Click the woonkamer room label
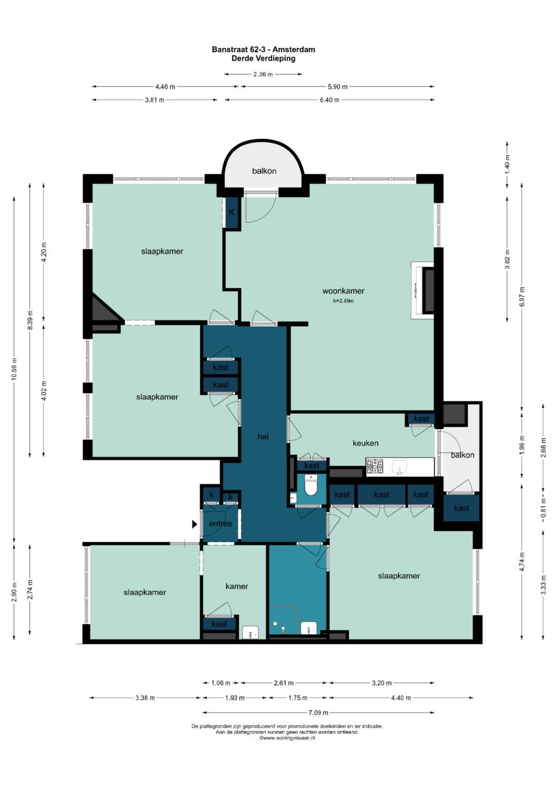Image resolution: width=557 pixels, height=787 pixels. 343,291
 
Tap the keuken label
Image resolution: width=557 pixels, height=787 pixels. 366,443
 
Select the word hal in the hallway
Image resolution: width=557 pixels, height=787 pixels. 263,437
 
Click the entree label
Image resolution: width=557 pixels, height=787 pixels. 221,524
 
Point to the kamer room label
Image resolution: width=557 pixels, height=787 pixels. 237,586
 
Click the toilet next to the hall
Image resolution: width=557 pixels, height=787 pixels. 311,485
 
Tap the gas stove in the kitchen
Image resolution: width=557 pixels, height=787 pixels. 375,467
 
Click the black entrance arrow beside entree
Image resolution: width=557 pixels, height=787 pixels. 194,525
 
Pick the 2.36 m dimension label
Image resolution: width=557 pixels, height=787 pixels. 263,74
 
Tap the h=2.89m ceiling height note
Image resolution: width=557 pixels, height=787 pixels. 343,301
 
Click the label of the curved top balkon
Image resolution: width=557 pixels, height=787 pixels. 264,171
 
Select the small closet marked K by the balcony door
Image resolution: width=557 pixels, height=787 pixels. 232,212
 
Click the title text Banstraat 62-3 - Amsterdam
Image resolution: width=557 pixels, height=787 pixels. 264,49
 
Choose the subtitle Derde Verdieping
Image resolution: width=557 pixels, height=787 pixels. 264,58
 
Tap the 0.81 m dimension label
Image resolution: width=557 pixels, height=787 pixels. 544,509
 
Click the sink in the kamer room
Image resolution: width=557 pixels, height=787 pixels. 251,632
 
